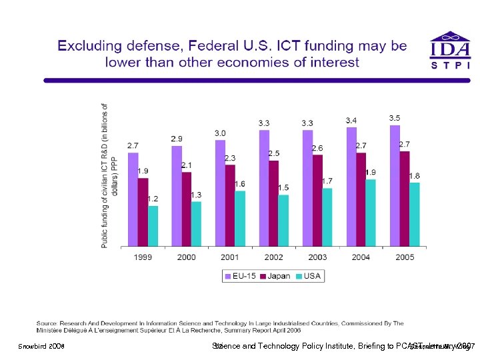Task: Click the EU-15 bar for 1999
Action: (x=133, y=199)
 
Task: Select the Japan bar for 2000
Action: (x=187, y=209)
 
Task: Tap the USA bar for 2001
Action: (x=240, y=218)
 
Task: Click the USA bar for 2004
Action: (x=371, y=212)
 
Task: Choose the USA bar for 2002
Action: (x=283, y=220)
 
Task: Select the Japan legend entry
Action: (x=275, y=276)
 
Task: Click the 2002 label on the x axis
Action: (x=273, y=257)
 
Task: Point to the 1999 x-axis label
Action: (x=143, y=257)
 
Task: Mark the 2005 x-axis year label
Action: (x=404, y=257)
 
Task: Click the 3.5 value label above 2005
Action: (x=395, y=118)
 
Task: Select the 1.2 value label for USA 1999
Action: (x=153, y=199)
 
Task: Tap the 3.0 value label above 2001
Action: (x=220, y=133)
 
